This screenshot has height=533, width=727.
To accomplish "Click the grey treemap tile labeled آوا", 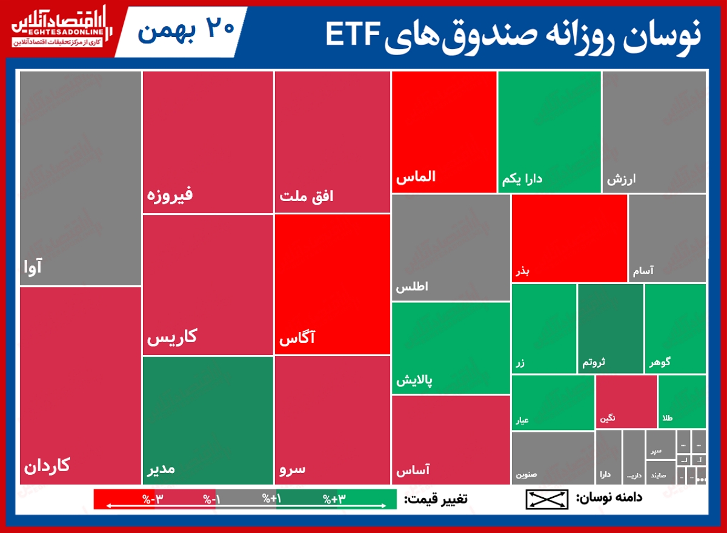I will tap(81, 179).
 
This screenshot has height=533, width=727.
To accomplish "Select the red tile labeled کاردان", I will tap(81, 385).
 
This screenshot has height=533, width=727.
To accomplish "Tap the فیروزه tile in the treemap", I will tap(208, 142).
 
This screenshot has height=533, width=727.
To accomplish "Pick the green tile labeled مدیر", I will tap(208, 420).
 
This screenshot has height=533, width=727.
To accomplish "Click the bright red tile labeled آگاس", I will tap(332, 284).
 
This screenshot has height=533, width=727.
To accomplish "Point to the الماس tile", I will tap(444, 132).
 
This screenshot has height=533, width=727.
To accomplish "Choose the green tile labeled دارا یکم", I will tap(549, 132).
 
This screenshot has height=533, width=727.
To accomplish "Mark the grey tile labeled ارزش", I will tap(654, 132).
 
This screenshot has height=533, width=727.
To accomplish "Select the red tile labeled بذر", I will tap(569, 238).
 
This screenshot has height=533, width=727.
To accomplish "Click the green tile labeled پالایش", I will tap(451, 348).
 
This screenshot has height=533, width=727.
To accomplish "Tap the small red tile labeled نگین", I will tap(626, 402).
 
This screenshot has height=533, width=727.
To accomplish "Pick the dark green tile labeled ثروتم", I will tap(610, 328).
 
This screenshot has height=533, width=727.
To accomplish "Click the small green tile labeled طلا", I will tap(682, 402).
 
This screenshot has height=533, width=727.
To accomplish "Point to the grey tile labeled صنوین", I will tap(553, 457).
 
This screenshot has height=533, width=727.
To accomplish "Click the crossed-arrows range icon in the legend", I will tap(547, 499).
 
